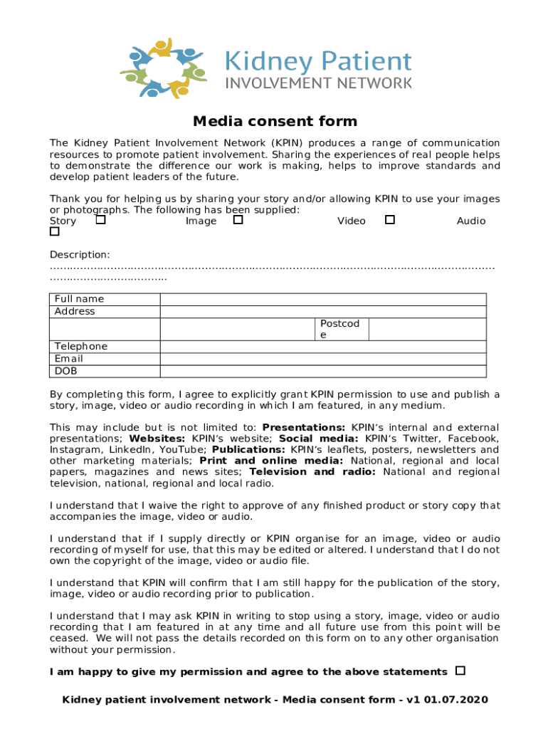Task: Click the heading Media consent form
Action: (x=275, y=122)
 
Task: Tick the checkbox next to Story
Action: (x=100, y=220)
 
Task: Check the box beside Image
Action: (x=238, y=220)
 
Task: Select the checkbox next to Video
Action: (x=389, y=220)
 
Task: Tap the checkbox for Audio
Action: (x=54, y=232)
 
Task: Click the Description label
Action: (x=80, y=254)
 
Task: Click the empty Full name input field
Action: (x=323, y=299)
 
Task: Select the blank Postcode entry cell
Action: (x=427, y=329)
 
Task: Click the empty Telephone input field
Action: (x=323, y=347)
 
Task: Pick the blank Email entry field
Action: (x=323, y=359)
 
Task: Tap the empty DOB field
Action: (x=323, y=371)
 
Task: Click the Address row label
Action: (x=75, y=311)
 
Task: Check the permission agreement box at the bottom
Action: (x=460, y=671)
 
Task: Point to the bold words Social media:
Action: (x=320, y=439)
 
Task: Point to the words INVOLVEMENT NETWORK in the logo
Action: (x=318, y=83)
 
